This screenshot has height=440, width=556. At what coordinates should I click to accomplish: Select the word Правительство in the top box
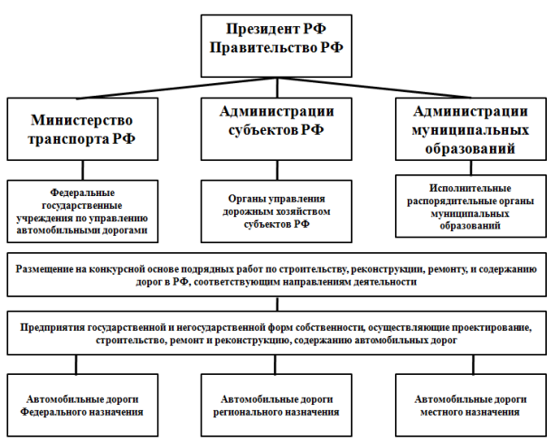[263, 48]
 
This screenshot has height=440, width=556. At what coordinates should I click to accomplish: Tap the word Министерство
[81, 120]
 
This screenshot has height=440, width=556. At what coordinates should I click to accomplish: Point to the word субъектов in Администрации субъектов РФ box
[263, 130]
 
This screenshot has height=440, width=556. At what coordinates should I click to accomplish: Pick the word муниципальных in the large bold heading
[470, 130]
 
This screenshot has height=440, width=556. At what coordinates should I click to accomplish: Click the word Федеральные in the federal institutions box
[82, 192]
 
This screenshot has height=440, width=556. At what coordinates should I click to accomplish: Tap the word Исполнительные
[470, 188]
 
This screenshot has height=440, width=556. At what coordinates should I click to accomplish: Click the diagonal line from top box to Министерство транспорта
[176, 88]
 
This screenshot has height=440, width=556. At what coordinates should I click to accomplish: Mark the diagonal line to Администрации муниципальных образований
[374, 88]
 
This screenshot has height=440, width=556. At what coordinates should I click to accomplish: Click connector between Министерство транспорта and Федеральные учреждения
[83, 171]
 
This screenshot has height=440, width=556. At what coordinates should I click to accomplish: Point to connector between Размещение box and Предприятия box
[278, 304]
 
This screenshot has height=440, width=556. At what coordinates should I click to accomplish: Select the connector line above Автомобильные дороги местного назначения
[474, 364]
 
